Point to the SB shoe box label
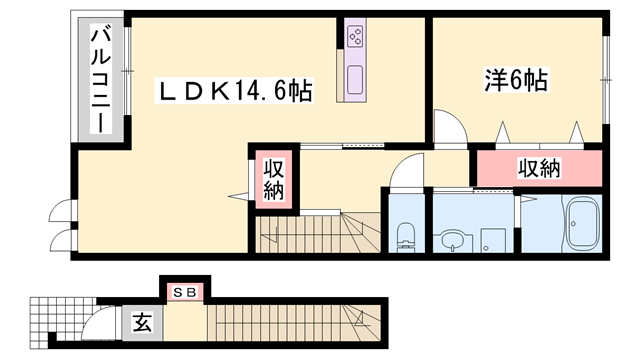(x=186, y=292)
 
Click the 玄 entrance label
(x=144, y=323)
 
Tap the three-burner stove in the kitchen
(x=355, y=38)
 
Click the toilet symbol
(x=406, y=237)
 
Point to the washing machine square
(x=492, y=241)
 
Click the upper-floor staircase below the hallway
(x=310, y=235)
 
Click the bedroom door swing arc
(x=449, y=129)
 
